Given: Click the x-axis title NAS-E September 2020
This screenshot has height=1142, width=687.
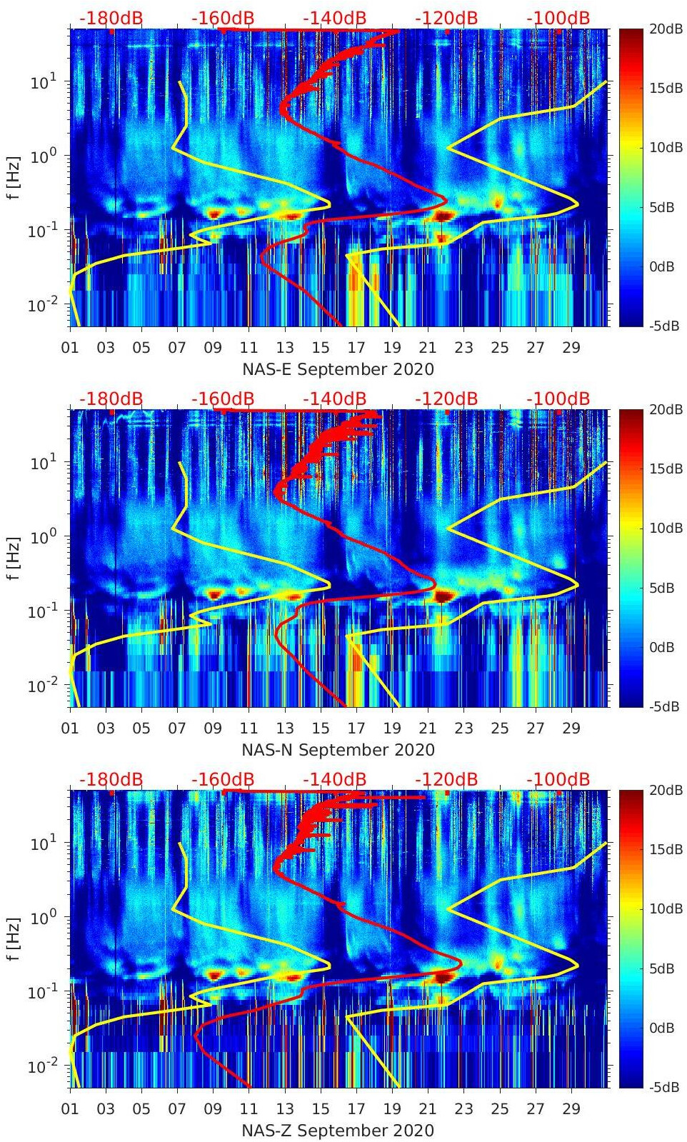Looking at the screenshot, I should pos(338,369).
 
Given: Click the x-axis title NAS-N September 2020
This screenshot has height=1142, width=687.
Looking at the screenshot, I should pos(338,750).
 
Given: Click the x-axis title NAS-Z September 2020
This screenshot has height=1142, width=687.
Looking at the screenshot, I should pos(338,1131).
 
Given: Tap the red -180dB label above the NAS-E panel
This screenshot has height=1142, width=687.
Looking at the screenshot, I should pos(111,18).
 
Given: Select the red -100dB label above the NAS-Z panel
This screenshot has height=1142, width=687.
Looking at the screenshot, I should pos(558,779).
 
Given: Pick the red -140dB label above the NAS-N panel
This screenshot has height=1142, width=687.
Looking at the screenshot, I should pos(334,399).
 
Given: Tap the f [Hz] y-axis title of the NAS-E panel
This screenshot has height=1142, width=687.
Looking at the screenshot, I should pos(14,177).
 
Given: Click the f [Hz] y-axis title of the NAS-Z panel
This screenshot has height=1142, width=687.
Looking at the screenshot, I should pos(14,938).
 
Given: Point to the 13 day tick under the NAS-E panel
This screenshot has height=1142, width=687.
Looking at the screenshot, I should pos(285,348).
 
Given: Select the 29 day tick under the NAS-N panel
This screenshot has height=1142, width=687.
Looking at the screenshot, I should pos(571,728).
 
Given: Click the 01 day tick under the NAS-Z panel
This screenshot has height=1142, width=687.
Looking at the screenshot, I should pos(70,1109).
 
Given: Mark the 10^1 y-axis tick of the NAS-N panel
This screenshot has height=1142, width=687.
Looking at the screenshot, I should pos(41,463).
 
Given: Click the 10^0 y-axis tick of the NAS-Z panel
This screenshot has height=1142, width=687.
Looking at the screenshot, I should pos(41,918).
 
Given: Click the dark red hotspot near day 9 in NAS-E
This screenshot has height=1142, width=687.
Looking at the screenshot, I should pos(214,213).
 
